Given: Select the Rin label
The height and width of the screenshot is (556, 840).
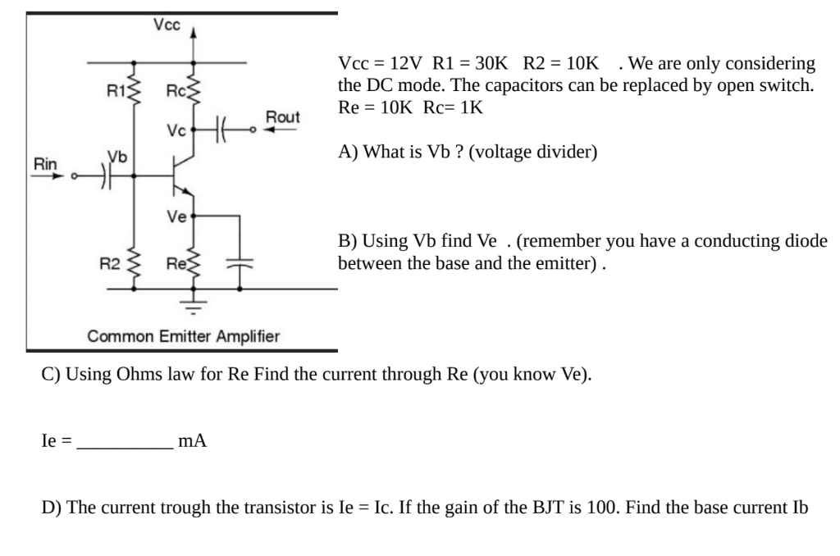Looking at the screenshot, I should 46,164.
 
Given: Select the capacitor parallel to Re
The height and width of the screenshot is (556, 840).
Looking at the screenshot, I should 240,264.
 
